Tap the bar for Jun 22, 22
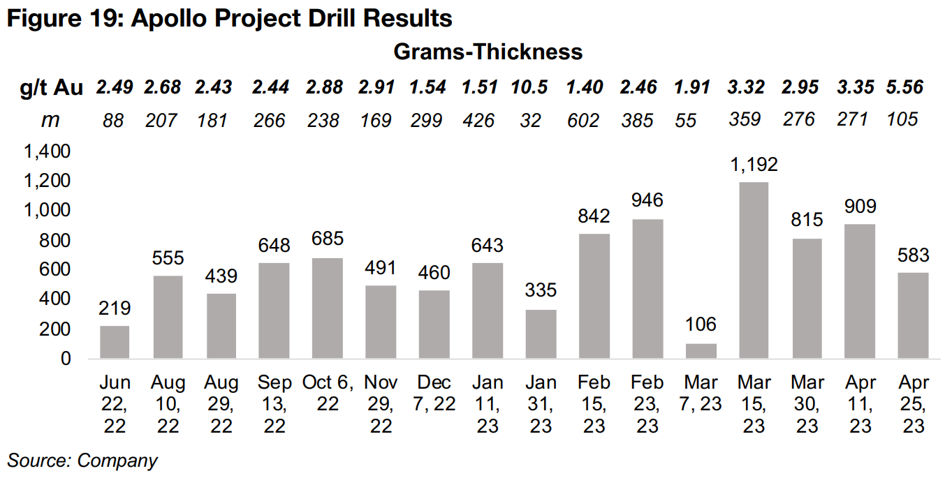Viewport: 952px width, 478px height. [x=115, y=342]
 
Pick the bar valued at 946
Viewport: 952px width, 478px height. [x=647, y=289]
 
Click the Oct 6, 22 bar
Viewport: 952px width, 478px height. [x=328, y=308]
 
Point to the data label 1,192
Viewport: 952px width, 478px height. [x=754, y=165]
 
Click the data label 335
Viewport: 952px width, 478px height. [x=541, y=290]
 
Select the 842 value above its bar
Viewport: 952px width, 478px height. [x=594, y=216]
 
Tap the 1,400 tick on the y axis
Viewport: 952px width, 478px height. [x=47, y=151]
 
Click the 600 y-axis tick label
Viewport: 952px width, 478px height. [x=55, y=270]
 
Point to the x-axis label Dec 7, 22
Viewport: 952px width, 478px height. [x=434, y=393]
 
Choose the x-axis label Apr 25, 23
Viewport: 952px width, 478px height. [x=913, y=404]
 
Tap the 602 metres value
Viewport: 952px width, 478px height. [x=583, y=120]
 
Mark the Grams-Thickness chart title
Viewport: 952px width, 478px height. [x=488, y=52]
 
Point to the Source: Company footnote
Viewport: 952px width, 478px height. [x=82, y=461]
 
